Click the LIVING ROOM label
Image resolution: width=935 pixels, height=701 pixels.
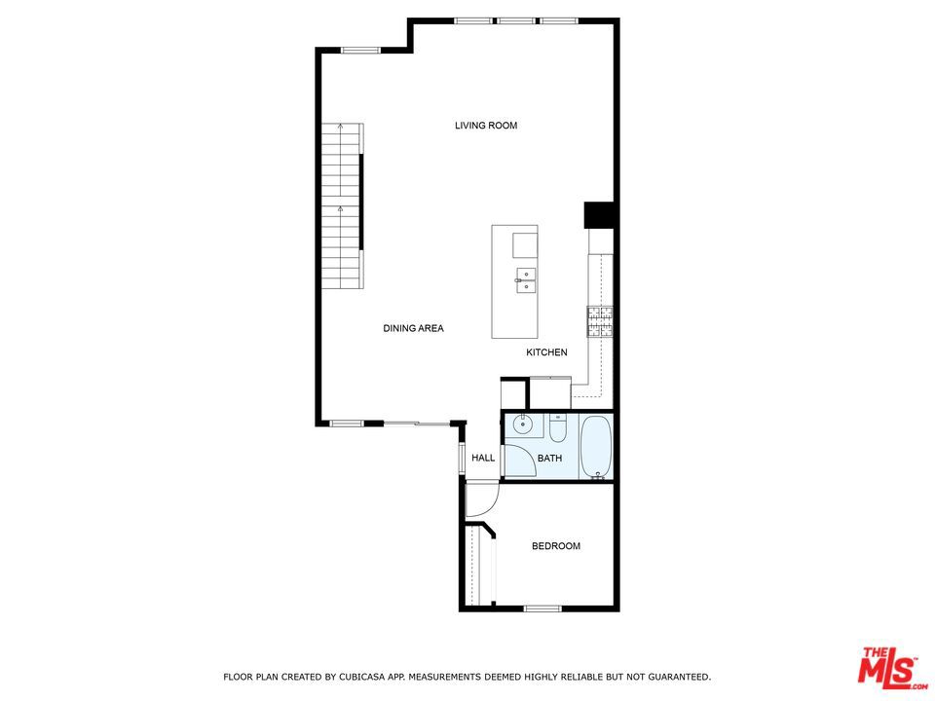[x=486, y=126]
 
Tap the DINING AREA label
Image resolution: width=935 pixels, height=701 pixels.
[x=413, y=328]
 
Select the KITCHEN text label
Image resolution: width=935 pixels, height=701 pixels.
[x=546, y=352]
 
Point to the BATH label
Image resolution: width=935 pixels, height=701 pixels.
[x=549, y=458]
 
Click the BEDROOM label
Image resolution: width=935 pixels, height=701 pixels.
[x=556, y=546]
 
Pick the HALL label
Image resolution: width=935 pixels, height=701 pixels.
[x=483, y=458]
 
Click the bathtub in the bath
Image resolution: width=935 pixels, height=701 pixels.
[x=596, y=447]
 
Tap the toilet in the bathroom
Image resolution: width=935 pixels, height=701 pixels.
[x=557, y=428]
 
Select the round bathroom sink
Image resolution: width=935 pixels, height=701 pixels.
[x=523, y=424]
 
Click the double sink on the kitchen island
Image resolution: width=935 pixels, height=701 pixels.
[x=526, y=280]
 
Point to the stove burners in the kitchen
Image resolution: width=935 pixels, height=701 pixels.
[x=600, y=322]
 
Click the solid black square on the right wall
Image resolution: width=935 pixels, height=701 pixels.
[x=599, y=215]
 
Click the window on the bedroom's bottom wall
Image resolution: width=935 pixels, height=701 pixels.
[x=542, y=609]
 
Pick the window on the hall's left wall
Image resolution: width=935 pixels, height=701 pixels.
[x=462, y=458]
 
